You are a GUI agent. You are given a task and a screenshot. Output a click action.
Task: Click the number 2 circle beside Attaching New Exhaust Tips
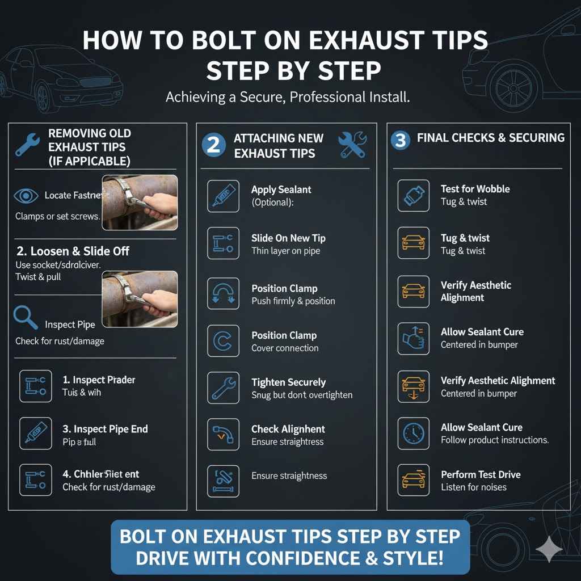coord(213,145)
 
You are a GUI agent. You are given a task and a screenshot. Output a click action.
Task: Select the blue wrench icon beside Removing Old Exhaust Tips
coord(27,145)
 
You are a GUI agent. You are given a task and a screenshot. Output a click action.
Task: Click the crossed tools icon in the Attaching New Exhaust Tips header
coord(352,145)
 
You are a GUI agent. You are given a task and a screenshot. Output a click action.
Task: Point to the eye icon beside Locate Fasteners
coord(26,196)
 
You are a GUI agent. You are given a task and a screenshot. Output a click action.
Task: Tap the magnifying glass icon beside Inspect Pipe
coord(26,318)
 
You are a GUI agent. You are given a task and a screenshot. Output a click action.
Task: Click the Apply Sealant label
coord(281,190)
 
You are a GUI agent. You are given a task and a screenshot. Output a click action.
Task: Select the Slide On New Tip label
coord(288,238)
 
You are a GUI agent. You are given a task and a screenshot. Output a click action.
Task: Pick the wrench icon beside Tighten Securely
coord(223,388)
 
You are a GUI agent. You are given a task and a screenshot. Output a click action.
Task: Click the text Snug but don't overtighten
coord(302,395)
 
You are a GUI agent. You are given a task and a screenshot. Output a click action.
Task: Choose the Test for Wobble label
coord(475,189)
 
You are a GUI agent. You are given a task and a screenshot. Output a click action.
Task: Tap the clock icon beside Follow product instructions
coord(413,433)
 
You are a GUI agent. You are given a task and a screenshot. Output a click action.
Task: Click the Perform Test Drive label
coord(481,474)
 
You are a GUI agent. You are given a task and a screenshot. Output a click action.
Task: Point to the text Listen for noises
coord(474,487)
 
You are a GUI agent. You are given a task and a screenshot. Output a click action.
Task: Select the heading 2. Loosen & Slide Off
coord(72,251)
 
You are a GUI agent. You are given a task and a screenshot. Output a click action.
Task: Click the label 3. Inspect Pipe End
coord(105,429)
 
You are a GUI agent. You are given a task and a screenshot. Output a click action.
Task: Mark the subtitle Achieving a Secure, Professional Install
coord(288,97)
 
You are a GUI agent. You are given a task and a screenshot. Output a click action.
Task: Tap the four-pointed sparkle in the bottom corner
coord(549,549)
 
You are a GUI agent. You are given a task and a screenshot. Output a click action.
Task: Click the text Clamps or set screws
coord(57,216)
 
